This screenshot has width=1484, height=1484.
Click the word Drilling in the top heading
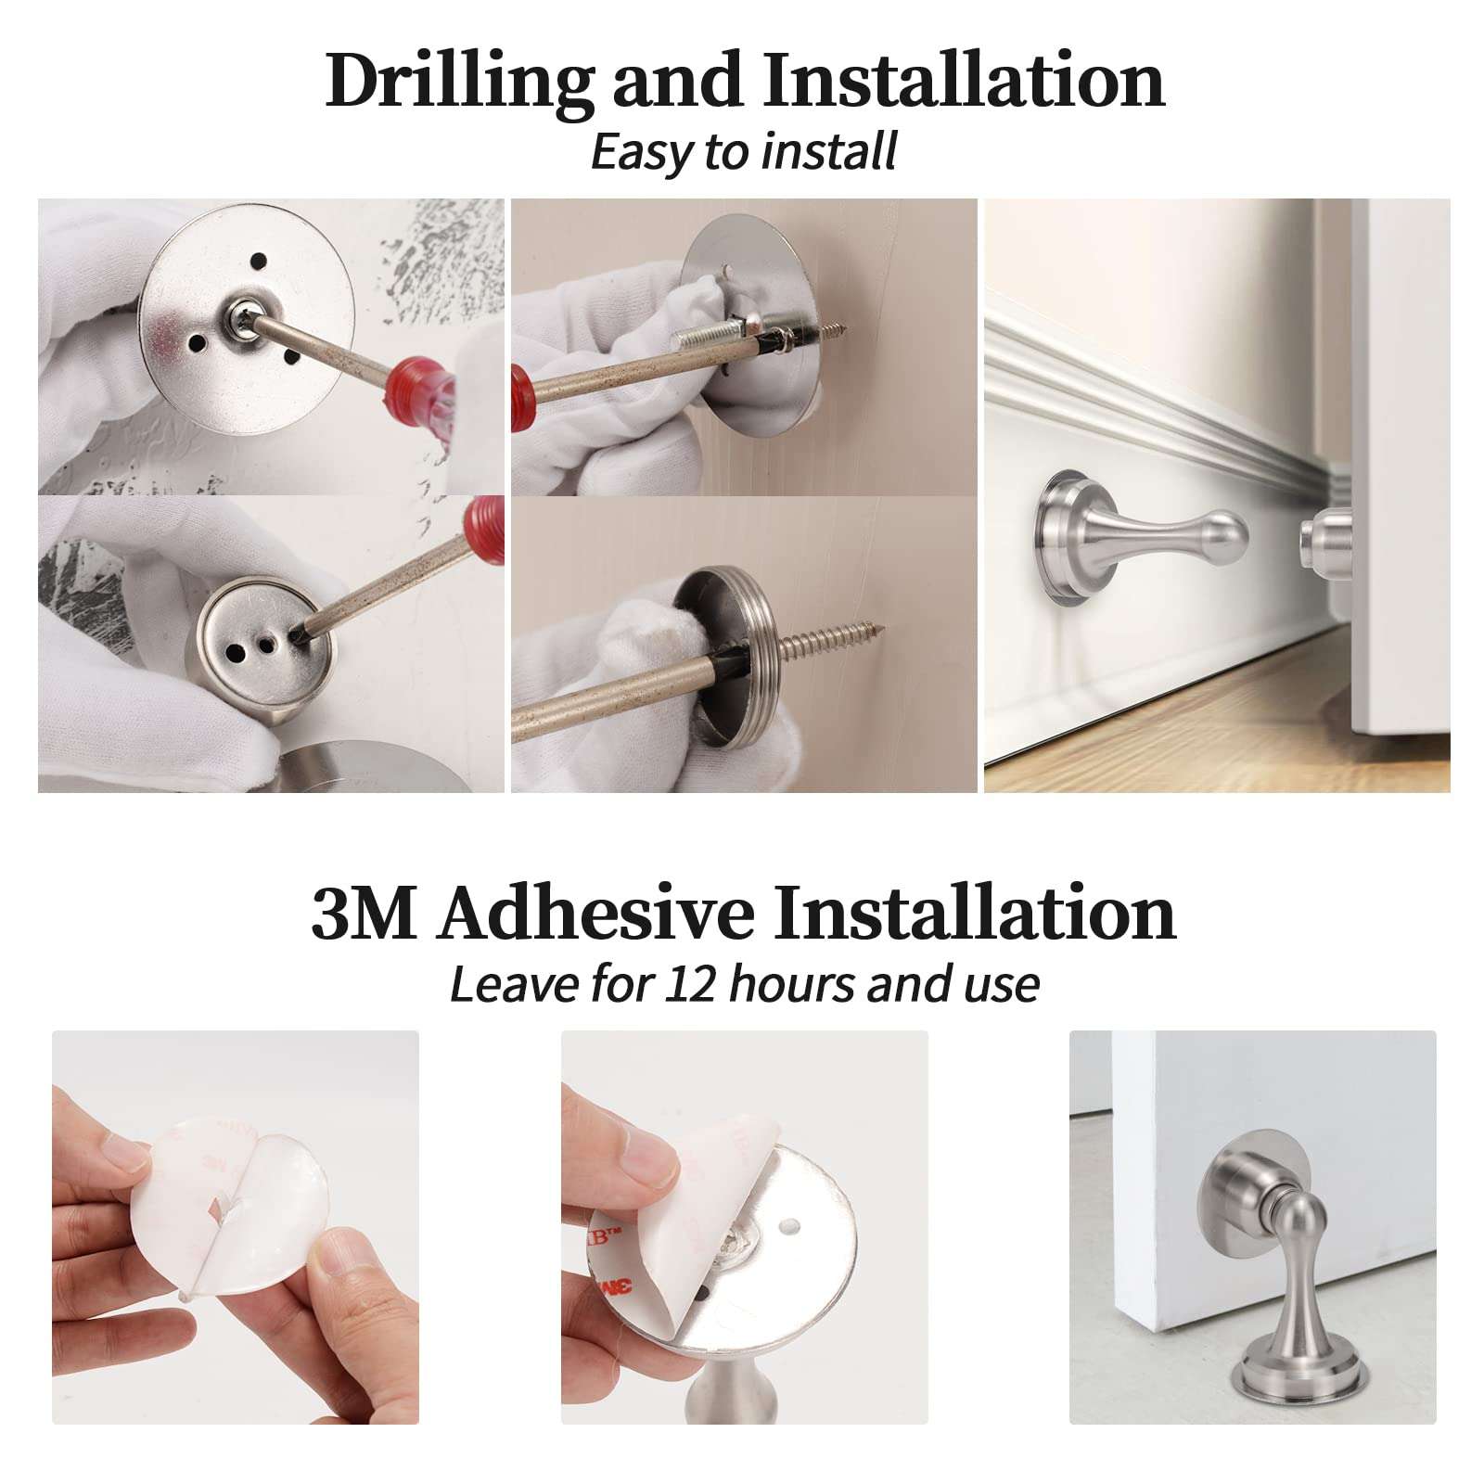[x=459, y=82]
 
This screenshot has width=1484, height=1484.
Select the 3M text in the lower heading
[x=363, y=914]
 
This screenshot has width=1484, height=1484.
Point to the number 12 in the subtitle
[x=692, y=984]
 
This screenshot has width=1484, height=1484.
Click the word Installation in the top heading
[x=964, y=82]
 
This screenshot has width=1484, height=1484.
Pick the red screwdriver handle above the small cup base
[x=484, y=529]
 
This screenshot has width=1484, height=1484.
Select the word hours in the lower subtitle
[x=793, y=984]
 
